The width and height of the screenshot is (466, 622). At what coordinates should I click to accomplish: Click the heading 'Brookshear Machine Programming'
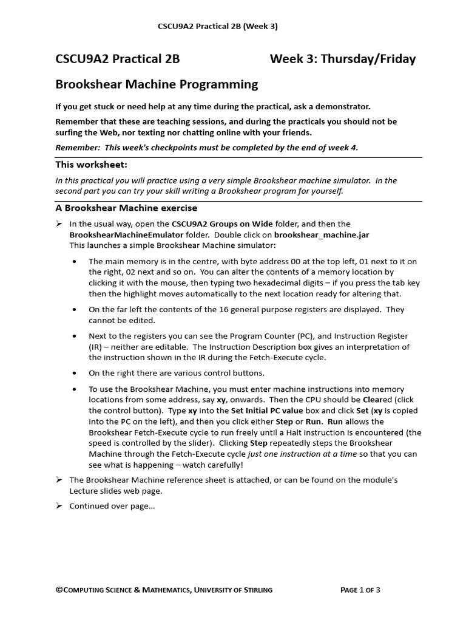157,84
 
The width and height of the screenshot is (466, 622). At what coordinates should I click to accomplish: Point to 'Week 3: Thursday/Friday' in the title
343,59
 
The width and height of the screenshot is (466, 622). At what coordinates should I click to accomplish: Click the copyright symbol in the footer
59,589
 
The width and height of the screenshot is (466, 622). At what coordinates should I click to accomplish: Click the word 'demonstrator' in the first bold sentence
343,106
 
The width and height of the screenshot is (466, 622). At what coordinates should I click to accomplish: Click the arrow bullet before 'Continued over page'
59,506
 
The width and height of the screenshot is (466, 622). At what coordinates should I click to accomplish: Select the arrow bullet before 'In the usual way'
59,224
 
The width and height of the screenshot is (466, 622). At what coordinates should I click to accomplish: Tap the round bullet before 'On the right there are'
75,373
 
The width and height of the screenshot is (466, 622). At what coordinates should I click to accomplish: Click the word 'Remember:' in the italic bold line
78,147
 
